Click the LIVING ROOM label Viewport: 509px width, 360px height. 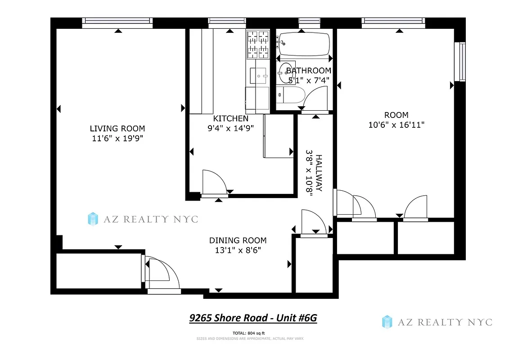[x=117, y=129]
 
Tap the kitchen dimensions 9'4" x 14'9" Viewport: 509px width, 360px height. [x=230, y=128]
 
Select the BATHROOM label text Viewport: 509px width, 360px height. [x=309, y=71]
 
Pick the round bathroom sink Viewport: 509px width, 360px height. [x=285, y=71]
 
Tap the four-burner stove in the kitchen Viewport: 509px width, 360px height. [x=257, y=45]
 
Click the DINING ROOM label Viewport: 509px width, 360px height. [x=238, y=240]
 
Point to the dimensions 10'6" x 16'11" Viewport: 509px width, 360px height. [x=396, y=125]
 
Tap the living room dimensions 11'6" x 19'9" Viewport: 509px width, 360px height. [x=117, y=139]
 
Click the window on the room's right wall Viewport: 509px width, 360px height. [x=459, y=62]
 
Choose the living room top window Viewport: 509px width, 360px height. [x=117, y=23]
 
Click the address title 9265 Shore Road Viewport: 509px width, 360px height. [x=253, y=318]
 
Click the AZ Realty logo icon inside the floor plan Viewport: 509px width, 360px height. [x=93, y=219]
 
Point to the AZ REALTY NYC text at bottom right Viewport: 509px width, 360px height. [x=445, y=322]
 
